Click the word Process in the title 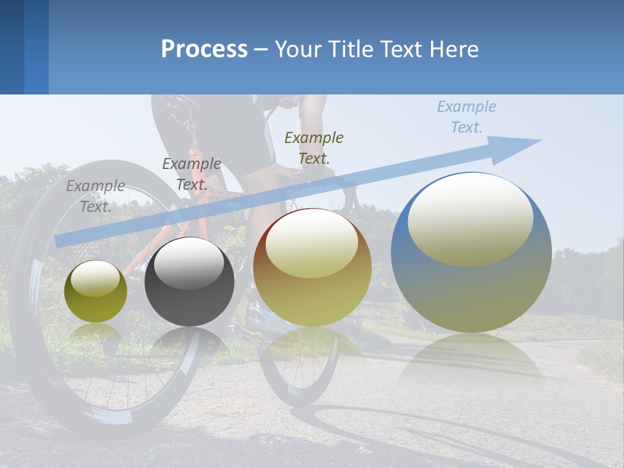point(204,49)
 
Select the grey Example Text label point(95,196)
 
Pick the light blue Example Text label point(466,117)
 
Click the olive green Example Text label point(314,148)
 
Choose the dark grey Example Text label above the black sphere point(191,174)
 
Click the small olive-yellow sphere point(96,292)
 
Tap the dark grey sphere point(189,282)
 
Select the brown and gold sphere point(312,268)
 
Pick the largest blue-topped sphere point(471,253)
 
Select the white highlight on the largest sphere point(470,218)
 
